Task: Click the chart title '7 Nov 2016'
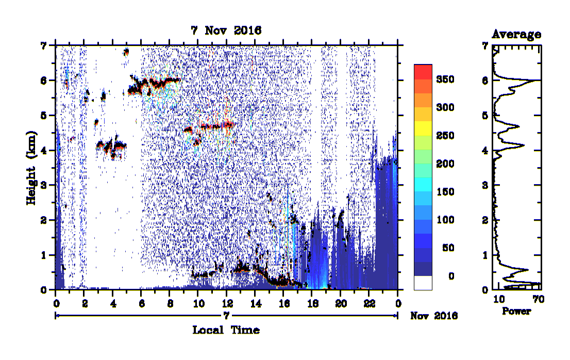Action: [x=226, y=30]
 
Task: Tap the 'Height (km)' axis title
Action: [x=31, y=168]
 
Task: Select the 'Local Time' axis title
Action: [x=226, y=330]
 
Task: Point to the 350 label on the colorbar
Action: [x=445, y=79]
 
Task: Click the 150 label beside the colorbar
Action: [x=445, y=192]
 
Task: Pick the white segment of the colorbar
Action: [x=423, y=283]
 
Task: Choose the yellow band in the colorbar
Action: [x=423, y=128]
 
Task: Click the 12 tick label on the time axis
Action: [x=227, y=303]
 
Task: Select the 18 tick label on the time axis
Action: [x=313, y=303]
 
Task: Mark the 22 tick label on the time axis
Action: [x=370, y=303]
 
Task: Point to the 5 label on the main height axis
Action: [x=44, y=116]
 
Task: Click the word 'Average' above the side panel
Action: [x=516, y=34]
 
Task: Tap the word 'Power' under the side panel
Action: [x=516, y=311]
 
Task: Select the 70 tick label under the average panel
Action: [x=539, y=299]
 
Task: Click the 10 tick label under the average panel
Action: [x=499, y=299]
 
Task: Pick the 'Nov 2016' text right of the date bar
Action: [x=433, y=316]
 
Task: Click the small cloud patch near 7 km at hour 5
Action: [x=126, y=52]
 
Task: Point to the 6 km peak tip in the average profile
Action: [x=540, y=80]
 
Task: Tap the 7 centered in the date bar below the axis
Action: [x=226, y=316]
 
